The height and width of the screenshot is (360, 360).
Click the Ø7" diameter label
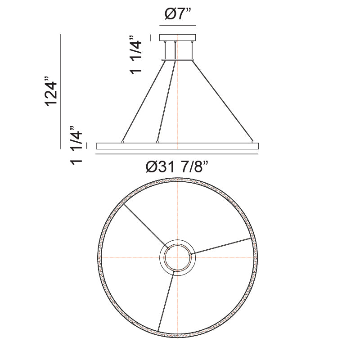point(178,15)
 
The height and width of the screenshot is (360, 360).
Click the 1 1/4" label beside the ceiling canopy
point(135,55)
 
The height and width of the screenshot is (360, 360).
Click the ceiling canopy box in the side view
point(178,38)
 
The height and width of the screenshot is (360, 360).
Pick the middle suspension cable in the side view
point(166,101)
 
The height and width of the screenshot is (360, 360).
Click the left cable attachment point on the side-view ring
point(122,142)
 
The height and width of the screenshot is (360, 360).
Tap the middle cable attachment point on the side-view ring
point(157,142)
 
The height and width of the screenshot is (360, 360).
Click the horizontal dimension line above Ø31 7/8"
point(178,154)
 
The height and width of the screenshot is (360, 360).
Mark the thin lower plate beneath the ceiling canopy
point(178,58)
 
